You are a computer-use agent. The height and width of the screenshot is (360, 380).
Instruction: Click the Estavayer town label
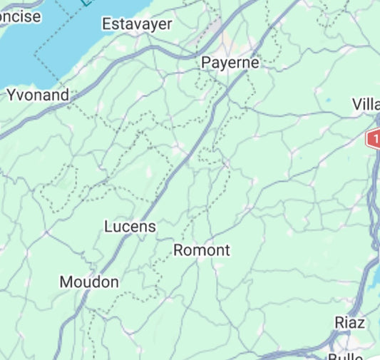137,24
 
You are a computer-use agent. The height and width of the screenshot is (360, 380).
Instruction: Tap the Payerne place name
230,63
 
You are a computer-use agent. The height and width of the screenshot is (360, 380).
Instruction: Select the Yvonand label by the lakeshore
38,95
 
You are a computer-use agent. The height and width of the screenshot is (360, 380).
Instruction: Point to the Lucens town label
130,227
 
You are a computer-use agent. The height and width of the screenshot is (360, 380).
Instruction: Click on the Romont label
202,250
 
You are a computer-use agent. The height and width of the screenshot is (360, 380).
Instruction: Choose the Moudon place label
89,282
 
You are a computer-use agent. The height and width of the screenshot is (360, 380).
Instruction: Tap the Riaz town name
350,323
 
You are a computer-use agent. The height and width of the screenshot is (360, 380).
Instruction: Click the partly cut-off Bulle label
346,356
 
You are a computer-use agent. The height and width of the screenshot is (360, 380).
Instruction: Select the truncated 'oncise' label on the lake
21,17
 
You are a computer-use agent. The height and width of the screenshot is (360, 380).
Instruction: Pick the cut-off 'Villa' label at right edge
366,105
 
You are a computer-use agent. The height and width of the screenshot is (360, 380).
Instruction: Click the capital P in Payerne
205,63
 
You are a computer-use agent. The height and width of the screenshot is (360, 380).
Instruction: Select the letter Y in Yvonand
11,95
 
